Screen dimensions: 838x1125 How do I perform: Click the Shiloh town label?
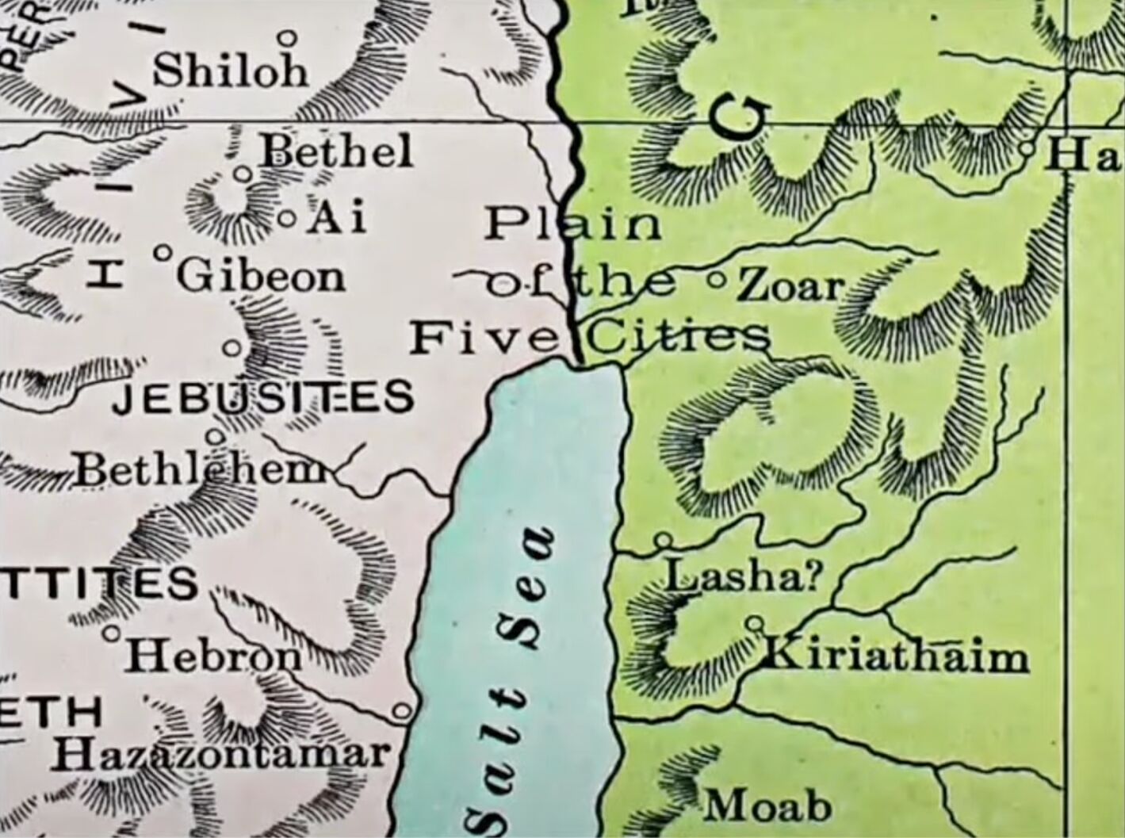coord(230,71)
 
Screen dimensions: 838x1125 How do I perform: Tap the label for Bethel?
coord(337,150)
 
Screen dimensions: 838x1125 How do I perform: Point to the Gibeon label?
coord(261,277)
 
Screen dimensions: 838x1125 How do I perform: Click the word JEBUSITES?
coord(263,396)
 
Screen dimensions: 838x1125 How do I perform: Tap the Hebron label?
coord(213,655)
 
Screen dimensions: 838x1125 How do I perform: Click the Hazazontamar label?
coord(221,754)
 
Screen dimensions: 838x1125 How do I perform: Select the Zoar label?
coord(790,285)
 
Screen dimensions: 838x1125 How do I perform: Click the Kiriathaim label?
coord(895,656)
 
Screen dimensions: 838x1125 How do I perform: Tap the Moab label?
coord(768,806)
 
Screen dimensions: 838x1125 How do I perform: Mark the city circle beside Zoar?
coord(716,279)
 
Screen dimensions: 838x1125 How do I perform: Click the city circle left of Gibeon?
coord(163,253)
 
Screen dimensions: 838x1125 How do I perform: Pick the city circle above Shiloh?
coord(288,37)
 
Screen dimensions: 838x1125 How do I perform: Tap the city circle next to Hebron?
coord(113,633)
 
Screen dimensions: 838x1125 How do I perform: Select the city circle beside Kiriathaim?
coord(755,623)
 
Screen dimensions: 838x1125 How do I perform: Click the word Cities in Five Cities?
coord(679,337)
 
